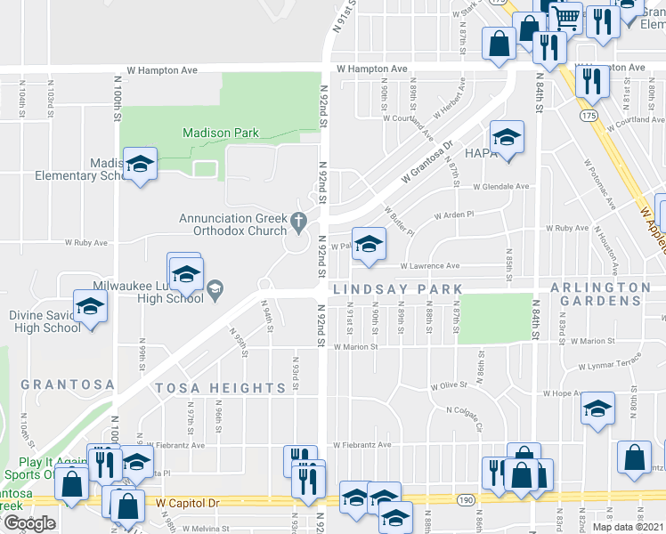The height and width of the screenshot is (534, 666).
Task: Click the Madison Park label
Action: [220, 133]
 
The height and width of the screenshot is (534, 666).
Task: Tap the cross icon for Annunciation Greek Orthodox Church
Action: [299, 220]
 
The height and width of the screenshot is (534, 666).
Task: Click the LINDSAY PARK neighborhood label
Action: [397, 289]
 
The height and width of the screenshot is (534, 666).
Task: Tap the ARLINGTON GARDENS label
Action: [600, 295]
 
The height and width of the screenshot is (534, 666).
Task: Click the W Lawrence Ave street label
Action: [429, 265]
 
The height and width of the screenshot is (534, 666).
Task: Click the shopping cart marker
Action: [565, 17]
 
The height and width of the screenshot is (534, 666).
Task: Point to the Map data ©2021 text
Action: [628, 527]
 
